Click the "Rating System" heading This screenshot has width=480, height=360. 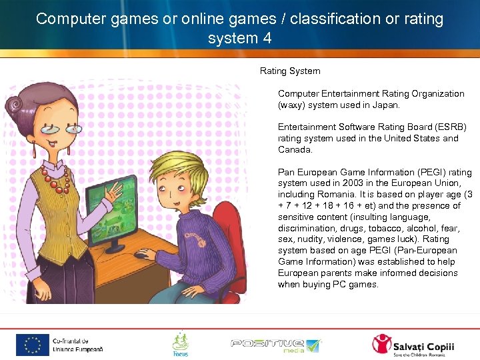[289, 71]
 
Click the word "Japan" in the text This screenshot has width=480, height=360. [385, 105]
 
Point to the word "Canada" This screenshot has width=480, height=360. [293, 149]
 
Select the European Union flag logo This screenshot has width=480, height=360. [31, 345]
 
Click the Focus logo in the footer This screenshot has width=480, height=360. [180, 343]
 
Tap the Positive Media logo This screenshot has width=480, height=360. [275, 345]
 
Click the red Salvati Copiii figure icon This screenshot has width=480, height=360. [382, 344]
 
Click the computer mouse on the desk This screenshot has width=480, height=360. [141, 254]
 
